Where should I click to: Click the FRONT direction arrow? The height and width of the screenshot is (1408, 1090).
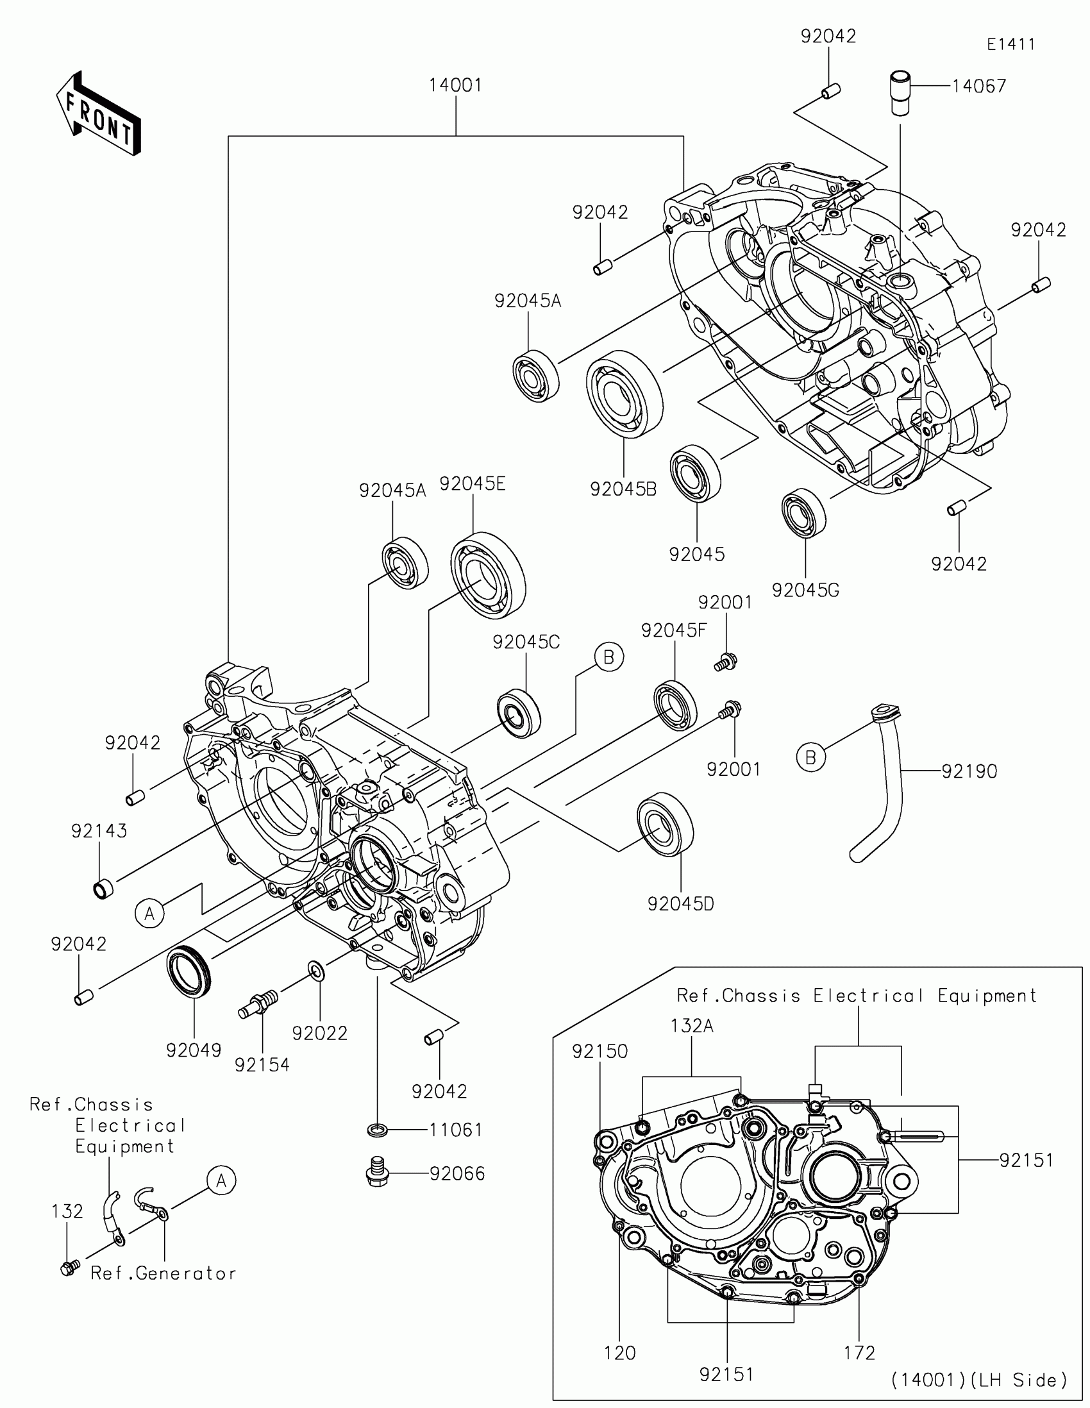click(x=98, y=113)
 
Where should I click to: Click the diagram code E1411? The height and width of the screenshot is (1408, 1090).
click(x=1010, y=44)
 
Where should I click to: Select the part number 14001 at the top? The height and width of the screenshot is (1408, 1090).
click(x=456, y=85)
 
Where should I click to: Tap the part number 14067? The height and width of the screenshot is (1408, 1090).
click(x=979, y=87)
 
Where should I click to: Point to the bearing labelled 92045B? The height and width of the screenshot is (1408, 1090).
click(x=625, y=394)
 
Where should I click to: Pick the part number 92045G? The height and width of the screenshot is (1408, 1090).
click(x=805, y=591)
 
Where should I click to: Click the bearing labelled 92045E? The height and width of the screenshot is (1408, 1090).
click(x=488, y=576)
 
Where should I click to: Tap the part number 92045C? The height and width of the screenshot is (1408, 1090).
click(x=526, y=642)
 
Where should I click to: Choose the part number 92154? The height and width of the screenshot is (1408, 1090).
click(x=262, y=1065)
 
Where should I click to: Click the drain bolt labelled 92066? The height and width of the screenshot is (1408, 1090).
click(x=376, y=1173)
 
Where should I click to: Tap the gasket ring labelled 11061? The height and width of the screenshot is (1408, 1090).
click(x=377, y=1130)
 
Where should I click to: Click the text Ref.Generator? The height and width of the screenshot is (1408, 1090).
click(x=163, y=1273)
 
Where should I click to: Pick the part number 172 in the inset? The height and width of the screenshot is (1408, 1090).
click(x=859, y=1353)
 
